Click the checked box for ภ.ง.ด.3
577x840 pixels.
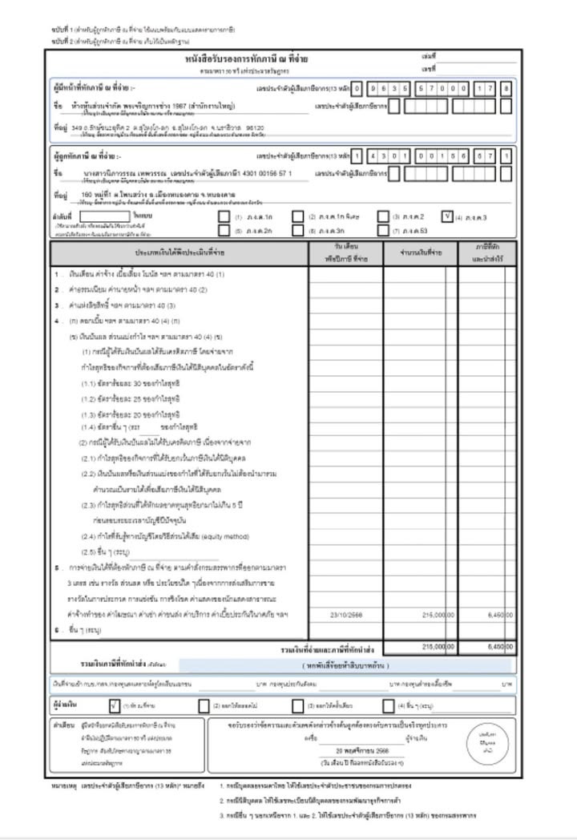[447, 216]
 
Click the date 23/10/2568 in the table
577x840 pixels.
[346, 614]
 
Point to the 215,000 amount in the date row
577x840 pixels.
[430, 614]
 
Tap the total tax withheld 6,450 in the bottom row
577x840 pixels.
[498, 646]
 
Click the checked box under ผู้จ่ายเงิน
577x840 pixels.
[115, 706]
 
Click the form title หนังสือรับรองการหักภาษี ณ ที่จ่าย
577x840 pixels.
[246, 59]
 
